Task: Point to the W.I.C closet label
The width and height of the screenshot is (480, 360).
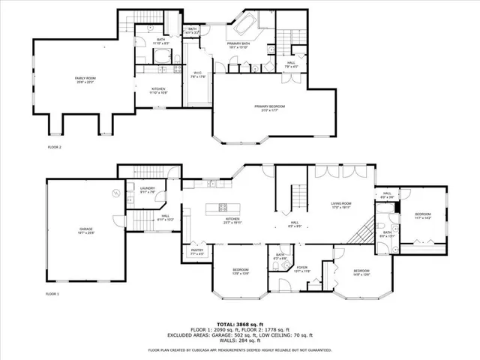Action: click(197, 74)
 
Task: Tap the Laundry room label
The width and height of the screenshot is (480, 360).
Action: click(147, 190)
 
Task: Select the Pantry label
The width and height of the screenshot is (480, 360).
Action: click(196, 253)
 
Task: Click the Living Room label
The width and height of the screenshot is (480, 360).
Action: click(342, 205)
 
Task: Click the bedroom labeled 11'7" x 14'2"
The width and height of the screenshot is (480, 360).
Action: click(423, 217)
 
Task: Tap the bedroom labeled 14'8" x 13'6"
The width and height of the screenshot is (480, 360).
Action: click(361, 272)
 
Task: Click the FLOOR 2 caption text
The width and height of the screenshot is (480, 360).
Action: click(54, 147)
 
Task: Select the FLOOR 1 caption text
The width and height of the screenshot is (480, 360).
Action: click(52, 294)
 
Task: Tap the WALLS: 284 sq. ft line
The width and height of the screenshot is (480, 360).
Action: click(240, 342)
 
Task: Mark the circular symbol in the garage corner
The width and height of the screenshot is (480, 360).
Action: click(115, 193)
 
